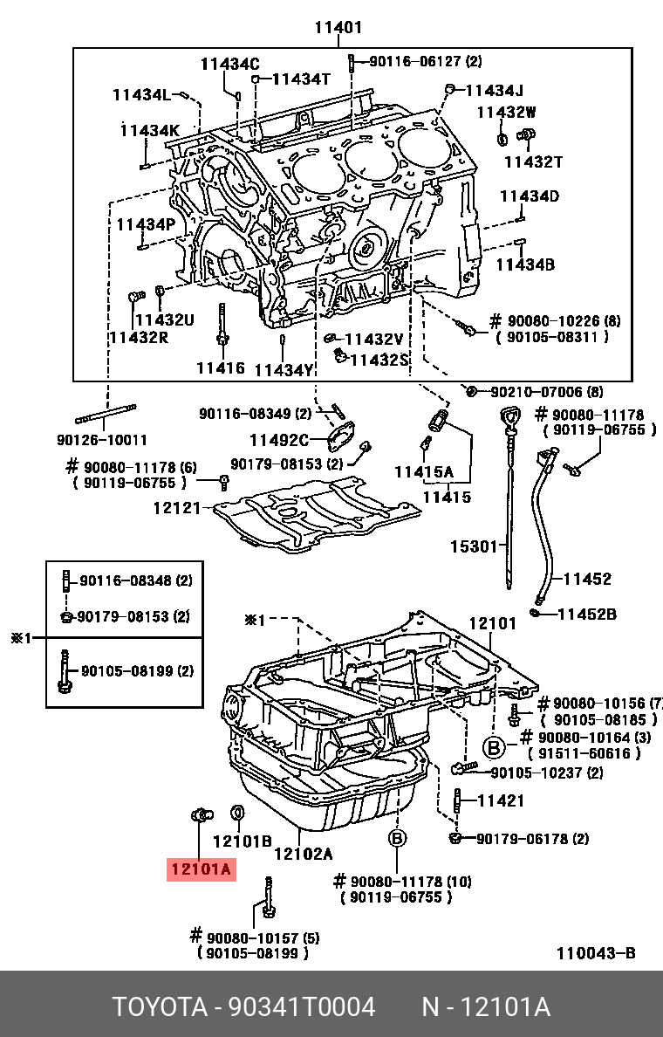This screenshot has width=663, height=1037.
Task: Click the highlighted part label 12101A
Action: point(201,869)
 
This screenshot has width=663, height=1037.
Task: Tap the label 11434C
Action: point(229,63)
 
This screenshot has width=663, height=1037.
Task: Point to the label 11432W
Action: point(506,112)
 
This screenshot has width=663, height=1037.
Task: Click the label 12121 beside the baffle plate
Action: point(177,507)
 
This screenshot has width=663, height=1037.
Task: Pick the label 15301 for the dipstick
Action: point(473,547)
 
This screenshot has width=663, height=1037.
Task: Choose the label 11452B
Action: point(586,614)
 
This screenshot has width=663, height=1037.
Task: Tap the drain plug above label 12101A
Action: point(200,815)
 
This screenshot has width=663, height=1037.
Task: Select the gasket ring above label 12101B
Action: point(236,814)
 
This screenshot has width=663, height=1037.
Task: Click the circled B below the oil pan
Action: point(397,839)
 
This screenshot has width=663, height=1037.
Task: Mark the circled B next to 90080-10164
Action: point(494,747)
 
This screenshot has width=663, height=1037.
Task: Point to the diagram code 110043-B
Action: point(596,953)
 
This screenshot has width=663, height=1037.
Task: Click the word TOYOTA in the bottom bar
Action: point(157,1007)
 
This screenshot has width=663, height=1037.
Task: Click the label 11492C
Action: point(279,440)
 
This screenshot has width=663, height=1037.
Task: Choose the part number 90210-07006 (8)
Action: point(545,392)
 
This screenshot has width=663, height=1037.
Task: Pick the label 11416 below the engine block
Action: point(220,367)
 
